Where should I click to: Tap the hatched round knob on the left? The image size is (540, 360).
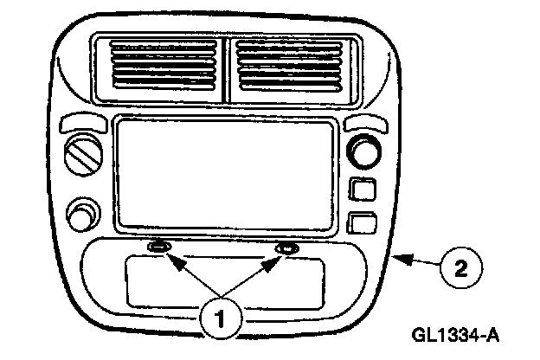(83, 158)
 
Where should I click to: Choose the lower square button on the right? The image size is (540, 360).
(361, 223)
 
